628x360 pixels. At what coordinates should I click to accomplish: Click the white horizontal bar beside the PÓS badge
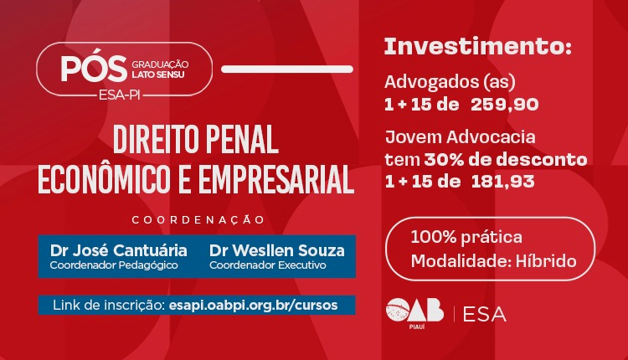(286, 67)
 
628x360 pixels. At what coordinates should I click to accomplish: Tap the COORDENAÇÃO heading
(198, 219)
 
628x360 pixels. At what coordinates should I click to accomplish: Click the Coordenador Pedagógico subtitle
(102, 265)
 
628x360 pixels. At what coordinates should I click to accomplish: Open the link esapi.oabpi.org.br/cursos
(253, 305)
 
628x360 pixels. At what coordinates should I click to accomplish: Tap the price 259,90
(504, 104)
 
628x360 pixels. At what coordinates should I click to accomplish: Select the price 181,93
(503, 180)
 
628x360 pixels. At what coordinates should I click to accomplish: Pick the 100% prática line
(466, 237)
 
